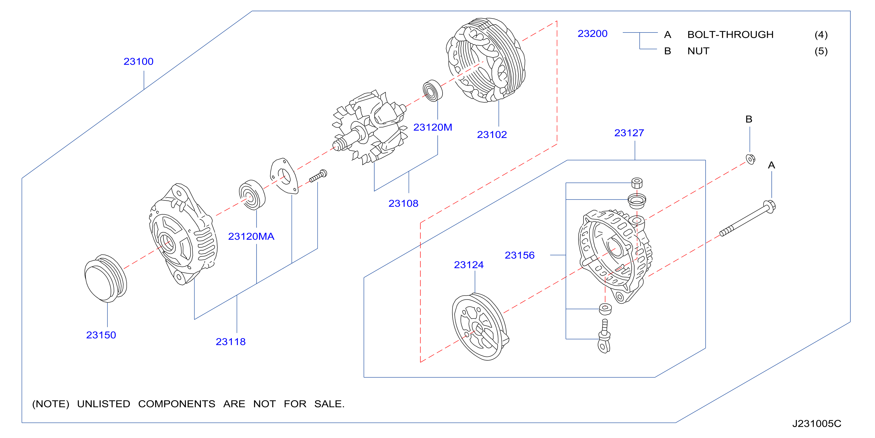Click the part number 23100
(138, 61)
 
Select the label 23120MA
(251, 236)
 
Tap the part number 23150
(101, 335)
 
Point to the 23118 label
(231, 342)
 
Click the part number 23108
(403, 204)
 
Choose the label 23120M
(432, 128)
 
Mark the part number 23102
(492, 135)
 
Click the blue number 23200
(592, 34)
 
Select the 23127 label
(629, 133)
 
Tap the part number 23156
(519, 255)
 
